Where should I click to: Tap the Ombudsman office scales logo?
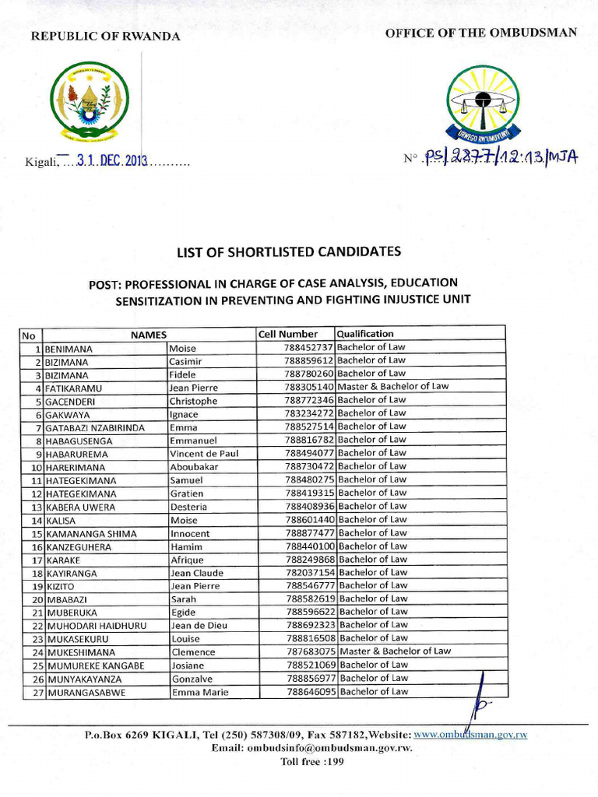click(482, 102)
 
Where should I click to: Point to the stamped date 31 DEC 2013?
click(112, 162)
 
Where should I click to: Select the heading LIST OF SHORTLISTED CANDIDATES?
click(289, 251)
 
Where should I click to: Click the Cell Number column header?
click(288, 334)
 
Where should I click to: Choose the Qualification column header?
click(365, 334)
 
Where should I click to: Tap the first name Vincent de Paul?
click(204, 454)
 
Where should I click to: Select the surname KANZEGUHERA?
click(78, 546)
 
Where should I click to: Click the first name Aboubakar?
click(194, 467)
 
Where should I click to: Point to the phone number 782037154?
click(309, 573)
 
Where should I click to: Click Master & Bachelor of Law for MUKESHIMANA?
click(395, 651)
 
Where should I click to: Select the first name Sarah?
click(184, 599)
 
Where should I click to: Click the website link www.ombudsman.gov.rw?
click(470, 734)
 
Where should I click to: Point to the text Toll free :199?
click(311, 762)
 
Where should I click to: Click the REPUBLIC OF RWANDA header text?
click(105, 37)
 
